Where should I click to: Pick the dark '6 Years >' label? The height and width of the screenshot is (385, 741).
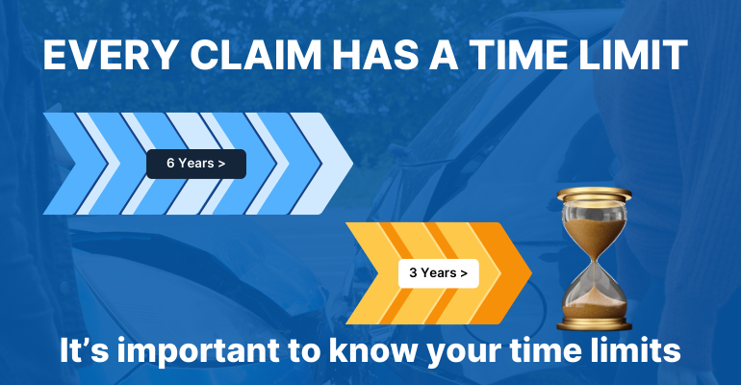click(196, 164)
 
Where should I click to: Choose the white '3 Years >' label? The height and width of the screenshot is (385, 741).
click(439, 273)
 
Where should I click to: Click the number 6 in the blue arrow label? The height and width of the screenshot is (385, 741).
click(170, 164)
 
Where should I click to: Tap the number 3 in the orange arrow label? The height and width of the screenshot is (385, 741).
click(413, 273)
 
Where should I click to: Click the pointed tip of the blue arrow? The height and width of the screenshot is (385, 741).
click(351, 164)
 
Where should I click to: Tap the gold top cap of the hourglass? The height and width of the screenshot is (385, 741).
click(593, 197)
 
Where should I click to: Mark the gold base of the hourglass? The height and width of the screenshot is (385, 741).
click(593, 322)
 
